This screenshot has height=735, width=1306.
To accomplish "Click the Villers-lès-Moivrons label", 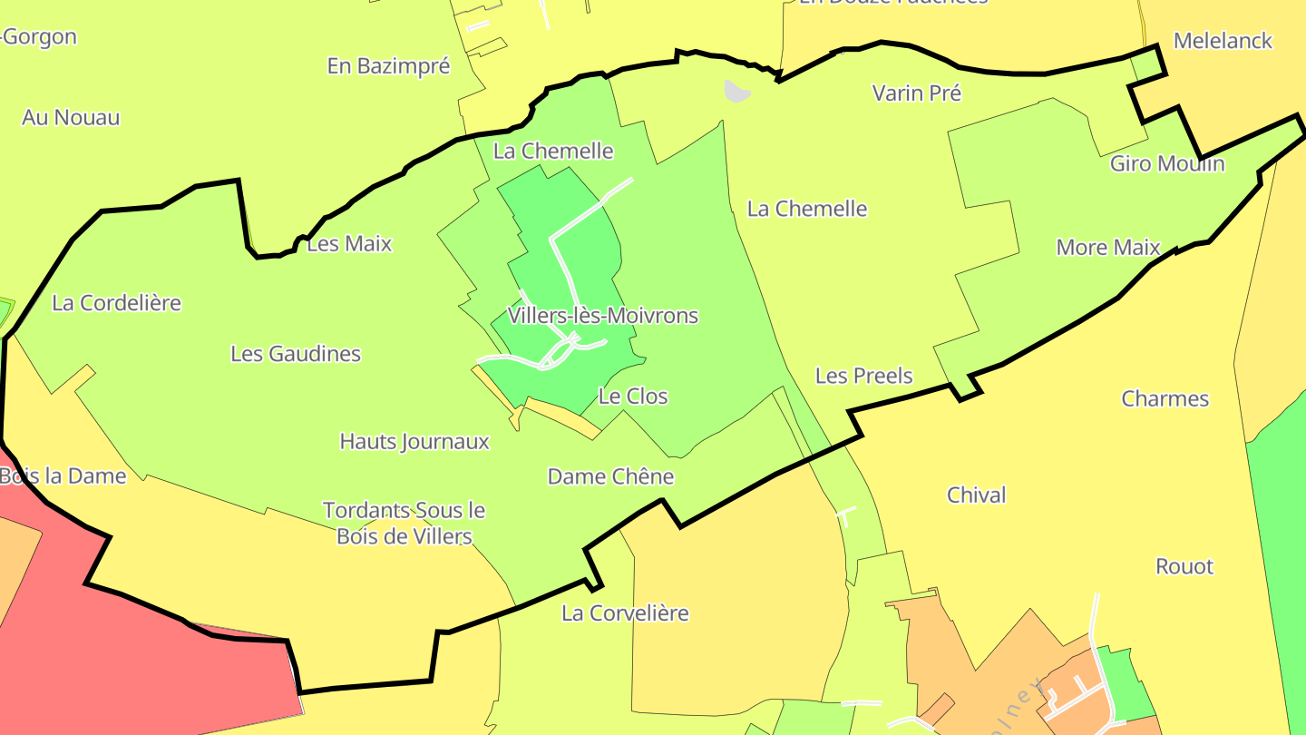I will click(x=603, y=316).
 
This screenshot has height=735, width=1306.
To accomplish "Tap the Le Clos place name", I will click(x=633, y=397).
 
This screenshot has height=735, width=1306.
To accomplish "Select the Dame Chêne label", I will click(x=610, y=476).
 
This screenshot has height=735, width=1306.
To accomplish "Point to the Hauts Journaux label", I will click(x=414, y=442).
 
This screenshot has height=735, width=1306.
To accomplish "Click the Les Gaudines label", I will click(x=296, y=354).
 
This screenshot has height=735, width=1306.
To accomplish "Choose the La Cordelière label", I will click(x=116, y=303).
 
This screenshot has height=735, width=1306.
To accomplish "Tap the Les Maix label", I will click(x=349, y=244).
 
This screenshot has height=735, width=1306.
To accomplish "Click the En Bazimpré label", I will click(x=388, y=66).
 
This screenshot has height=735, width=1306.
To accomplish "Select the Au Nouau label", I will click(x=71, y=118).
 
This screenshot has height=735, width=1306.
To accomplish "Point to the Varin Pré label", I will click(x=916, y=93).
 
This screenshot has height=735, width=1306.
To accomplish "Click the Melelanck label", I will click(x=1223, y=41).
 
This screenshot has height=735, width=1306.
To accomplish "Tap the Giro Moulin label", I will click(x=1167, y=164).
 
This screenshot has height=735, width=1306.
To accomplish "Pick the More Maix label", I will click(x=1108, y=248).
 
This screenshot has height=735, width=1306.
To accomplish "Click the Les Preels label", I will click(x=863, y=376).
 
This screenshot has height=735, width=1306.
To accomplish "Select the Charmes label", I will click(x=1165, y=399).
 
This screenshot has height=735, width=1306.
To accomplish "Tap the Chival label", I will click(x=976, y=495).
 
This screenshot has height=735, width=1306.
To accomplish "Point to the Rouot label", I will click(x=1184, y=567).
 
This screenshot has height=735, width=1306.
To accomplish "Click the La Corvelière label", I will click(x=625, y=613).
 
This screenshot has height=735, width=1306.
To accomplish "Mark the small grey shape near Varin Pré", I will click(x=737, y=91).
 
